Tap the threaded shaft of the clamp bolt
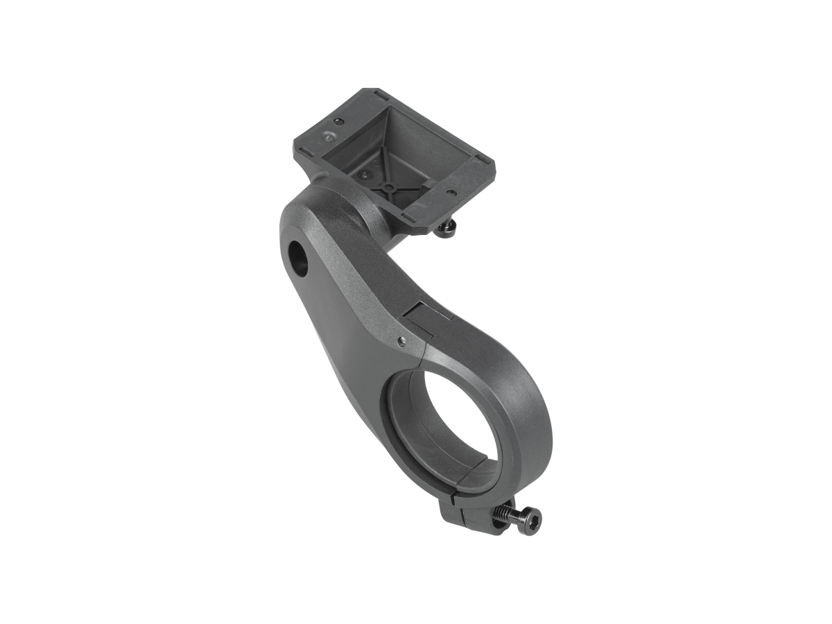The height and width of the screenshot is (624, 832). coord(505,514)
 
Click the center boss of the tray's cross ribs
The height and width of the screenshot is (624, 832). coord(389,188)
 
